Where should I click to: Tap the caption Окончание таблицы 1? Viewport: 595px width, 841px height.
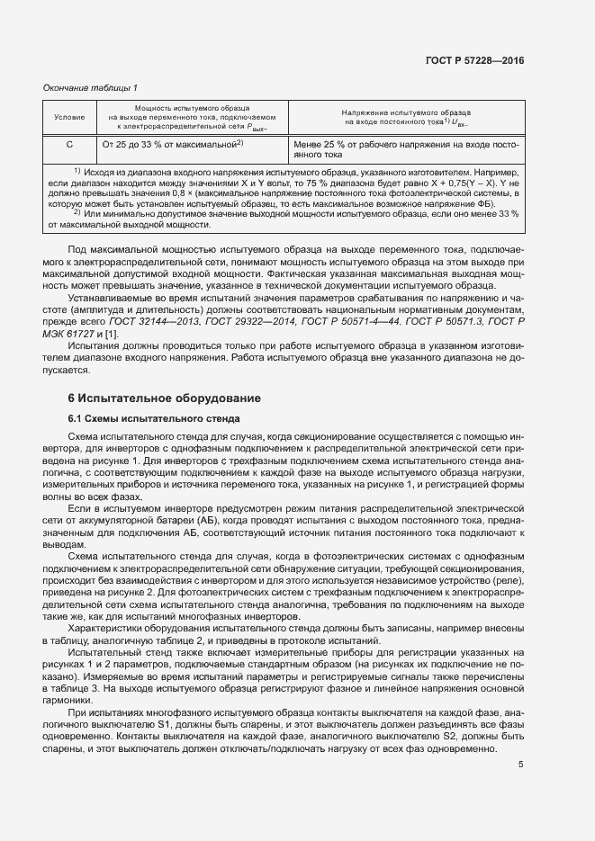[x=91, y=87]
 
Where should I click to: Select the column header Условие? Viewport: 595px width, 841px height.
[x=69, y=118]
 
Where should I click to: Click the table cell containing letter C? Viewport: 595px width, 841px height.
[x=69, y=143]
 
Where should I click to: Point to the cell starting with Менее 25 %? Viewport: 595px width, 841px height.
[x=406, y=148]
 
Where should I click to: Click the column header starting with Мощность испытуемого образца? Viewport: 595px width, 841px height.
[x=192, y=118]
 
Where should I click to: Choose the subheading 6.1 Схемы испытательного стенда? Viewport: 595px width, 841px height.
[x=154, y=417]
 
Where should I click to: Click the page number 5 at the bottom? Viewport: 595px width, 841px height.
[x=521, y=765]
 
